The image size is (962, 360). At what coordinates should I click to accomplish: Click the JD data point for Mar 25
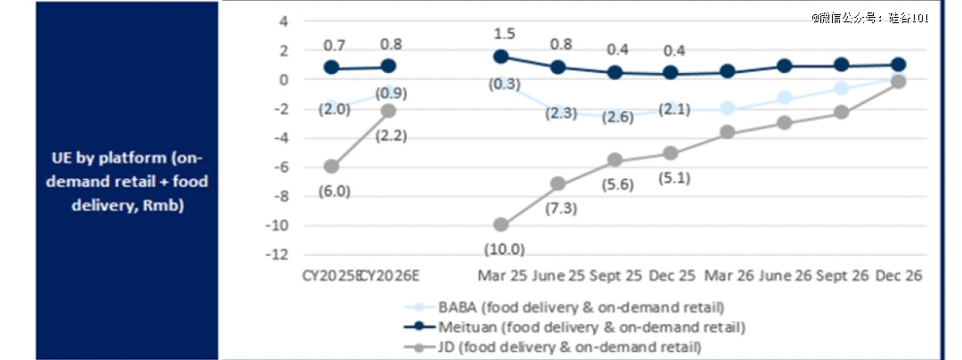pos(501,225)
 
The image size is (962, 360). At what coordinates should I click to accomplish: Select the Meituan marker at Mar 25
pos(501,56)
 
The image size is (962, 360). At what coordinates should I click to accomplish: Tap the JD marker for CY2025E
pos(331,166)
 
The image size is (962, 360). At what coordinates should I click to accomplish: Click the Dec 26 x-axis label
pos(898,276)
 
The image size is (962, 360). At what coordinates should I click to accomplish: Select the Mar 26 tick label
pos(728,276)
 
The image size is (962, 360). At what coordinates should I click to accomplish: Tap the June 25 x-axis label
pos(557,276)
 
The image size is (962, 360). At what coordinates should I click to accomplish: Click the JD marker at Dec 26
pos(898,81)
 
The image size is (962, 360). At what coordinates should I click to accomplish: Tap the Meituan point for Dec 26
pos(898,64)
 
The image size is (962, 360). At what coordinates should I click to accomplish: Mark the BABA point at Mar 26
pos(728,108)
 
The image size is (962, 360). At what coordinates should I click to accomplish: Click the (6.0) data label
pos(332,190)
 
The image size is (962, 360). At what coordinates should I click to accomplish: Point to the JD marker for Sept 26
pos(841,112)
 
